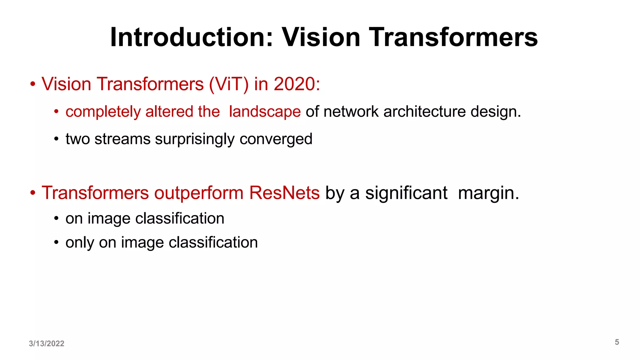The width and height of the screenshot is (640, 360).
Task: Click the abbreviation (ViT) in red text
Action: [229, 84]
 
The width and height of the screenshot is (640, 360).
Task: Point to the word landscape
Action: [265, 112]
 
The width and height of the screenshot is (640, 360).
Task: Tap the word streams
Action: [122, 139]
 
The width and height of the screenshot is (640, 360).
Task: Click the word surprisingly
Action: [194, 139]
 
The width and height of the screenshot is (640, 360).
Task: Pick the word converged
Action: [276, 139]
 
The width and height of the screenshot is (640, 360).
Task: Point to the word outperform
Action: [198, 193]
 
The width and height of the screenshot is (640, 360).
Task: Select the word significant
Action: [406, 193]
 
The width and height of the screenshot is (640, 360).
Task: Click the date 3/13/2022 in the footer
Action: [47, 343]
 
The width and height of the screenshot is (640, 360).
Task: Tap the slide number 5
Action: [617, 342]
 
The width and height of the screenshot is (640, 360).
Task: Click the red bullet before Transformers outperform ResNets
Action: [33, 193]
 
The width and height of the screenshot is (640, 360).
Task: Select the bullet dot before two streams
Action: [56, 139]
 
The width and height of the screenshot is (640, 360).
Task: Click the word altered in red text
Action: [169, 112]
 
